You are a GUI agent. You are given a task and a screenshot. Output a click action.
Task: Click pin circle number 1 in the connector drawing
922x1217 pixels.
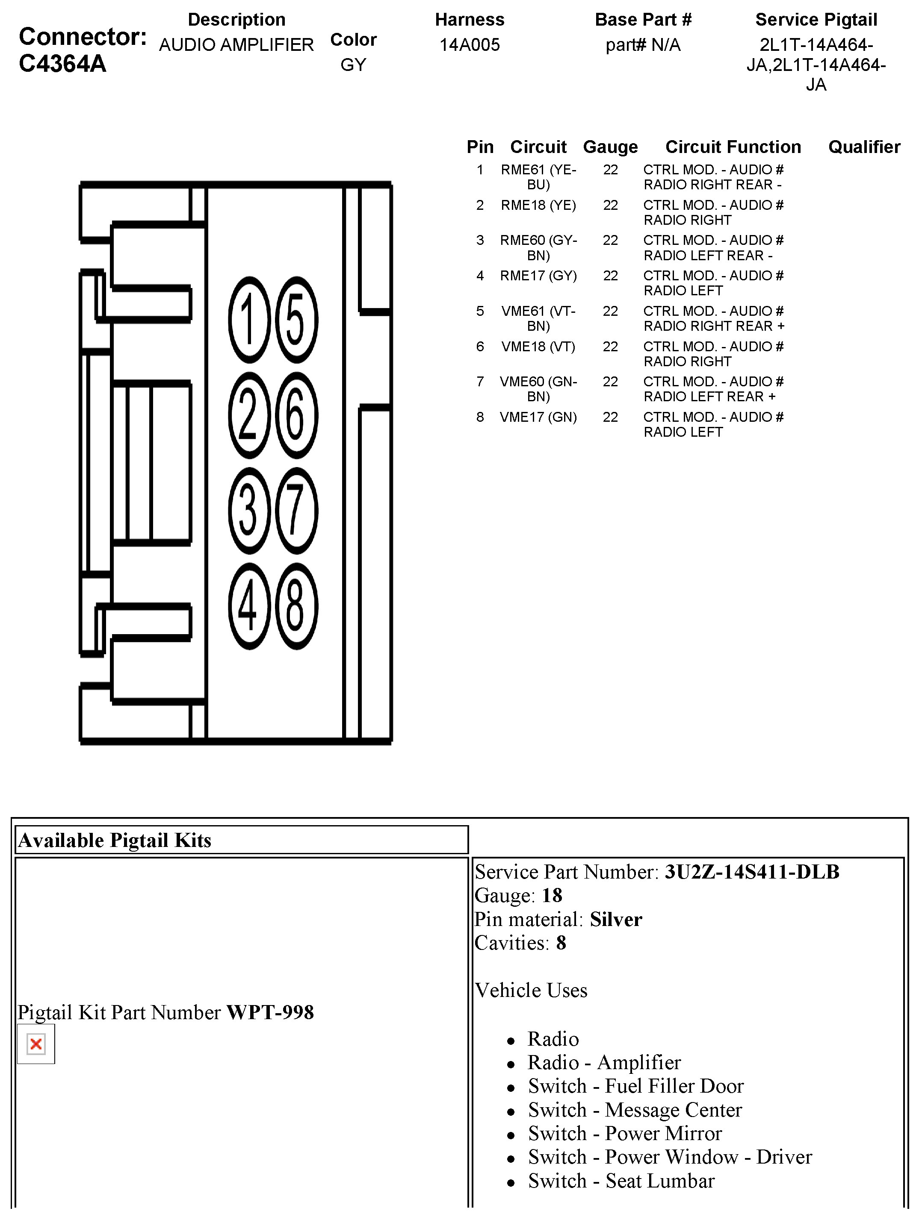(x=249, y=320)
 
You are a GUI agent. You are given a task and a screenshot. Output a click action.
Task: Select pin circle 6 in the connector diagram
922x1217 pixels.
(x=296, y=415)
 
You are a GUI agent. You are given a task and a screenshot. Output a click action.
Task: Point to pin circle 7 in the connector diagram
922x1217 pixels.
(x=296, y=511)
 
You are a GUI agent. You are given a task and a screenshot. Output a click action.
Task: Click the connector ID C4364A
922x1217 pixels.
(x=62, y=64)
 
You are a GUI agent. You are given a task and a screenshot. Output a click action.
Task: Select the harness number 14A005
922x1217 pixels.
(x=470, y=44)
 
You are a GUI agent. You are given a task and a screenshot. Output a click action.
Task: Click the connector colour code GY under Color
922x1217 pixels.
(x=353, y=65)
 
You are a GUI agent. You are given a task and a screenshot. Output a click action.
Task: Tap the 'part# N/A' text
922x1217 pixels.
(x=643, y=44)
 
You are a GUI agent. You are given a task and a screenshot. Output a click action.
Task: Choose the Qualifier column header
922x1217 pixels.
(x=864, y=147)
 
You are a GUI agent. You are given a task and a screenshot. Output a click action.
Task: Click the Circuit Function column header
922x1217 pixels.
(x=733, y=147)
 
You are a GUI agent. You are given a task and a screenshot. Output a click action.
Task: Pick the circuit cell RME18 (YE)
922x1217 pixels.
(x=538, y=205)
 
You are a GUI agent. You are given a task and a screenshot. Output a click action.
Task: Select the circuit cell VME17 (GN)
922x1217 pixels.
(x=538, y=417)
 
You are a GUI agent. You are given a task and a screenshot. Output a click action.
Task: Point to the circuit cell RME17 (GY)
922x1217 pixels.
(x=538, y=276)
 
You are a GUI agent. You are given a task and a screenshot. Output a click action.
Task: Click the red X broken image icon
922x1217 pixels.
(x=36, y=1044)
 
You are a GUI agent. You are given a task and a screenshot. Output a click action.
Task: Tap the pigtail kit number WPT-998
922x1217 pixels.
(x=270, y=1012)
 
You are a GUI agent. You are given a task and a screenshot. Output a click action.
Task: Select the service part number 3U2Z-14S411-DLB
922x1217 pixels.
(x=751, y=872)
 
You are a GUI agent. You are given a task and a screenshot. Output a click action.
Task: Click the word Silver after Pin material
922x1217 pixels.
(x=615, y=919)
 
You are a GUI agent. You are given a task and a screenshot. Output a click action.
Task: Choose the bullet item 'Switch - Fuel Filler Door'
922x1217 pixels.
(x=635, y=1086)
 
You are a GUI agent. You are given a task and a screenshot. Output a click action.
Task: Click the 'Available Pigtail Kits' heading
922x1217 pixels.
(x=115, y=840)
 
